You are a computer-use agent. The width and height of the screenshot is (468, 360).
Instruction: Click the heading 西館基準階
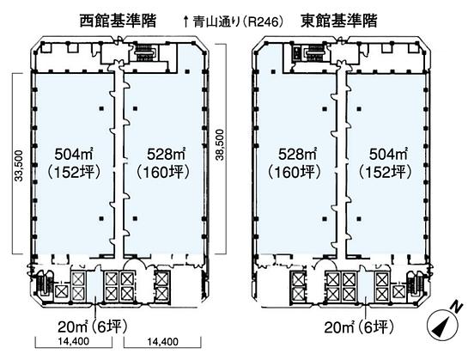pyautogui.click(x=118, y=21)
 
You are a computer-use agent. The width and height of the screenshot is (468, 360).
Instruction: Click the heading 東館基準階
pyautogui.click(x=338, y=21)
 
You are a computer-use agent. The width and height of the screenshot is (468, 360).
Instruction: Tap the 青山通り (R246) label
pyautogui.click(x=233, y=21)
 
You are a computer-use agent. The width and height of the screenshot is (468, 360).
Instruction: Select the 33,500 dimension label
pyautogui.click(x=19, y=166)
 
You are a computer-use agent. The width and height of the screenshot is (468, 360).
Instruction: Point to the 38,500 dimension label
pyautogui.click(x=220, y=145)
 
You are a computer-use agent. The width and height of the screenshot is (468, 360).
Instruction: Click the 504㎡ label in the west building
pyautogui.click(x=73, y=155)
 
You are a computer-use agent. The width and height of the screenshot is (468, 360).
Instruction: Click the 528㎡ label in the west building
pyautogui.click(x=166, y=155)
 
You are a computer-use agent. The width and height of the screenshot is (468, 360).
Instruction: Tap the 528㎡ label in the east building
pyautogui.click(x=297, y=155)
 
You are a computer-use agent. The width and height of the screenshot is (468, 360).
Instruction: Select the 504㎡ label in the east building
pyautogui.click(x=388, y=155)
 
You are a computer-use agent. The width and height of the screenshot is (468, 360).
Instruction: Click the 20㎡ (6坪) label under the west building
pyautogui.click(x=93, y=326)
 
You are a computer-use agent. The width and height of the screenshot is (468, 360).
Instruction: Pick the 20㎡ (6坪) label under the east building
pyautogui.click(x=359, y=327)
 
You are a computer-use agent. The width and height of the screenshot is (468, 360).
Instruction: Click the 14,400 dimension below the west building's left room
pyautogui.click(x=74, y=341)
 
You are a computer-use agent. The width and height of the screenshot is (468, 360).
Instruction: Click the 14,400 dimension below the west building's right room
pyautogui.click(x=162, y=341)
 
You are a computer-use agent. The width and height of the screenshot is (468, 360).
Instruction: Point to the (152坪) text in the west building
pyautogui.click(x=74, y=172)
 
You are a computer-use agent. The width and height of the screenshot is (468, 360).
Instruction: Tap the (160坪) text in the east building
pyautogui.click(x=295, y=172)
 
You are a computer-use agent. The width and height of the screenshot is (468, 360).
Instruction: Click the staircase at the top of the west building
pyautogui.click(x=145, y=53)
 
